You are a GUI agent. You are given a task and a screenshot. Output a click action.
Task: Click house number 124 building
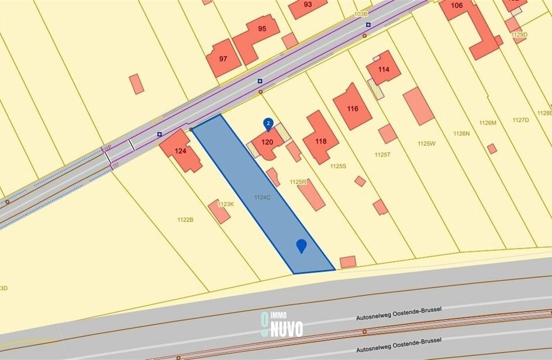click(x=181, y=151)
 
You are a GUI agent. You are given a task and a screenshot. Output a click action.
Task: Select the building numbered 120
click(x=267, y=142)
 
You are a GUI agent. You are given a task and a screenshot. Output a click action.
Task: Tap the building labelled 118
click(x=320, y=140)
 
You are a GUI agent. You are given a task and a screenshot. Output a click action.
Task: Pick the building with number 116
click(x=352, y=109)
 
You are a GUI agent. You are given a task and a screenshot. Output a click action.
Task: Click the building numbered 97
click(x=223, y=58)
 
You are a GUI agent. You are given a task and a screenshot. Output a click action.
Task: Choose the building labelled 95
click(x=261, y=29)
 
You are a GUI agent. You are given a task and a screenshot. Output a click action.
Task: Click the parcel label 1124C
click(x=262, y=198)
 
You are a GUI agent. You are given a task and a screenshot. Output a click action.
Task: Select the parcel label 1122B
click(x=185, y=219)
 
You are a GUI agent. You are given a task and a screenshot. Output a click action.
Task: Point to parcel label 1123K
click(x=225, y=204)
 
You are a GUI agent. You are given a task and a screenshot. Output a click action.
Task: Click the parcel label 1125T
click(x=382, y=154)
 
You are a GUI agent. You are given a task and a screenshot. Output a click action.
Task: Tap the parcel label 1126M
click(x=487, y=123)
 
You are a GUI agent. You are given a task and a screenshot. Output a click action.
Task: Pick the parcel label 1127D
click(x=520, y=120)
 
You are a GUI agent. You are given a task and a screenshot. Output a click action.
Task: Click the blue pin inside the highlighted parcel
click(x=301, y=245)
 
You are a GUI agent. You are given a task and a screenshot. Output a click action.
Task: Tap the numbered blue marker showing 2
click(x=268, y=123)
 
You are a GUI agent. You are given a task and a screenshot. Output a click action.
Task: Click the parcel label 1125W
click(x=427, y=143)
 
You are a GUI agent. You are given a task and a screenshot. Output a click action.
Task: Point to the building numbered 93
click(x=308, y=5)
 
